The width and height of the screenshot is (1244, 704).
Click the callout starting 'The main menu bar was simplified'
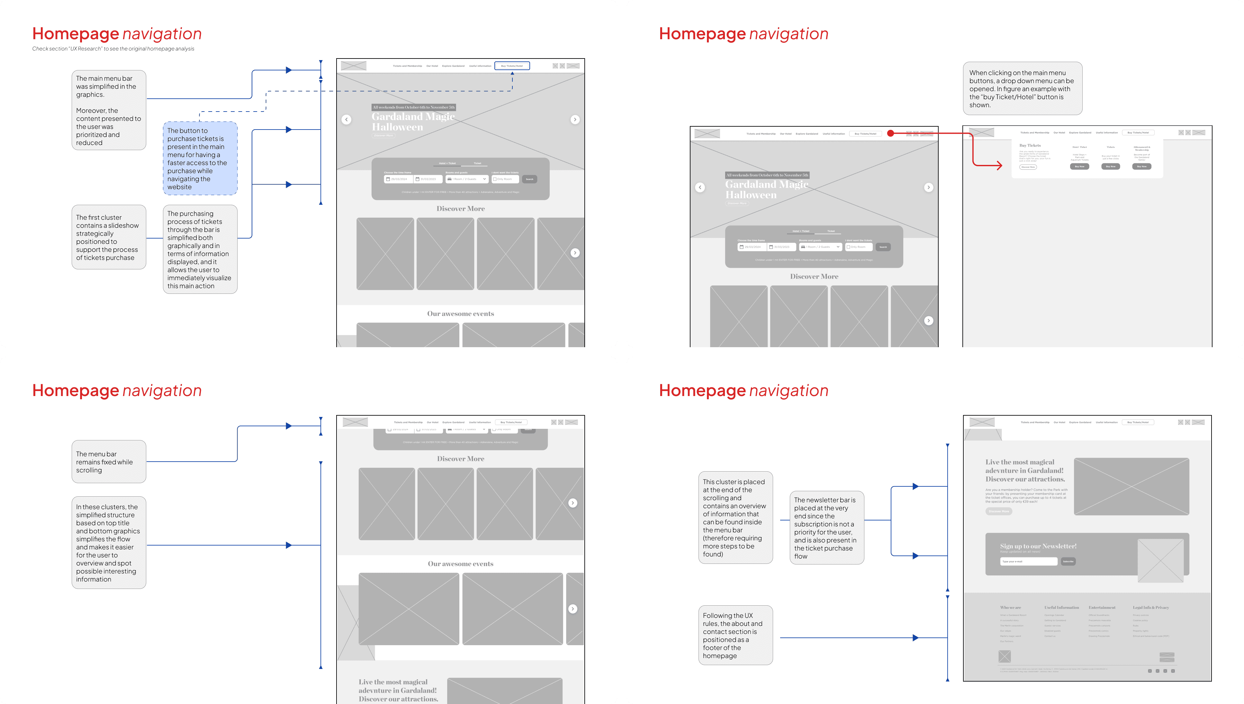tap(109, 110)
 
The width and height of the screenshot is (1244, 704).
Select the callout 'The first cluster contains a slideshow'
tap(109, 237)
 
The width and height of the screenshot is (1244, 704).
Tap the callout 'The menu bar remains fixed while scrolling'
tap(109, 462)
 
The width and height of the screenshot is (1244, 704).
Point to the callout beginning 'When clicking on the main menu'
tap(1022, 88)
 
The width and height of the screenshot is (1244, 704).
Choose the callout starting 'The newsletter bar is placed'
tap(826, 528)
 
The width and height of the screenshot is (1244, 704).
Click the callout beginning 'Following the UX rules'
tap(735, 635)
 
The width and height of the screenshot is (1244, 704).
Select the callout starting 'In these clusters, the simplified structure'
tap(109, 543)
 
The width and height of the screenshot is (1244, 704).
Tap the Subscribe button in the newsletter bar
tap(1068, 561)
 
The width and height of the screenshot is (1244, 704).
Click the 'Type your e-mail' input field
tap(1028, 561)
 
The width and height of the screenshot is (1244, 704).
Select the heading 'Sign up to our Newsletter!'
tap(1038, 546)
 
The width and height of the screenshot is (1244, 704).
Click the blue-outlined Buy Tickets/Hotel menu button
tap(512, 66)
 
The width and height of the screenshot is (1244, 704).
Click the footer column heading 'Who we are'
tap(1011, 607)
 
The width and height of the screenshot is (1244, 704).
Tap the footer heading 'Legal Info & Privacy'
tap(1151, 607)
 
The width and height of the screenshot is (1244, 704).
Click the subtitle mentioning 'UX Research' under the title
tap(113, 49)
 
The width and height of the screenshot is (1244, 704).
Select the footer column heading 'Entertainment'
tap(1102, 607)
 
